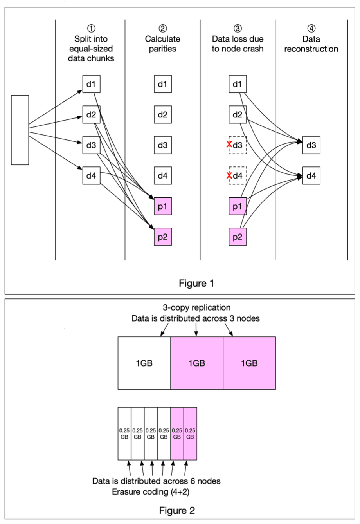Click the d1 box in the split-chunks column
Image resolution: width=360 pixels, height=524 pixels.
[x=91, y=84]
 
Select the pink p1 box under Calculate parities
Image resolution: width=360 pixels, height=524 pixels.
[x=162, y=206]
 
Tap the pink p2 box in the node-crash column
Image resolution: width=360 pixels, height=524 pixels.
[x=238, y=237]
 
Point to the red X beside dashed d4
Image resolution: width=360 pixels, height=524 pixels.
[x=229, y=175]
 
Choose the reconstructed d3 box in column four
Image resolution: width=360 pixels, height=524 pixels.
[x=311, y=145]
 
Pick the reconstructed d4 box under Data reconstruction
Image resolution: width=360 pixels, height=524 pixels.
[x=311, y=176]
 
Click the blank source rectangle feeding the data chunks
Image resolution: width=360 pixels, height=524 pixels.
[x=20, y=130]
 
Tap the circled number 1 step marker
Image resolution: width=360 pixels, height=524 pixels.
[x=91, y=29]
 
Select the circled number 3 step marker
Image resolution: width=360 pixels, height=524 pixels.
[x=238, y=29]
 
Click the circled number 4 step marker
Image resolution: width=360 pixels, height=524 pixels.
[x=311, y=29]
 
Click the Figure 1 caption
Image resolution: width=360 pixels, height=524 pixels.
[x=196, y=283]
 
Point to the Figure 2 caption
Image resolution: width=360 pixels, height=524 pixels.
[x=177, y=511]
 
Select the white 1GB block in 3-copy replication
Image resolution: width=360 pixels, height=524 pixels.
[x=144, y=363]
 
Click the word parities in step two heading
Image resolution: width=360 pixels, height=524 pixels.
[x=162, y=49]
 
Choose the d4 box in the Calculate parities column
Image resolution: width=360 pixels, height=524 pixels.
[x=162, y=176]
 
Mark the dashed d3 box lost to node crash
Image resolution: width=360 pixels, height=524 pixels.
[x=238, y=145]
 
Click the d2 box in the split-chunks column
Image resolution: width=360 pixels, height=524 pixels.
[x=91, y=115]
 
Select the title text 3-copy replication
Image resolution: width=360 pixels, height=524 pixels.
[x=196, y=308]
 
